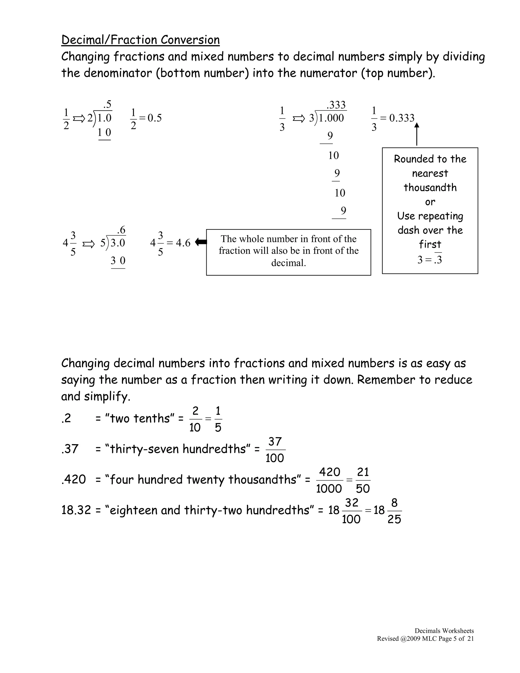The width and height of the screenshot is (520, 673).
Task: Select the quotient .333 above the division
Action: (x=336, y=105)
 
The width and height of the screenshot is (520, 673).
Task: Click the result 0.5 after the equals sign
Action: (x=154, y=118)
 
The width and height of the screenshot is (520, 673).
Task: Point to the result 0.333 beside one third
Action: (x=402, y=118)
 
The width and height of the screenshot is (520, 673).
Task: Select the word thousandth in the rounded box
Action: (x=430, y=188)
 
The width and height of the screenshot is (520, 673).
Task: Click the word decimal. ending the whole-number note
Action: (x=288, y=263)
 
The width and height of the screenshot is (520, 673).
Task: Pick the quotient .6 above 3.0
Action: (x=121, y=230)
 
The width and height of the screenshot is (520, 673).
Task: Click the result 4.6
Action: (x=183, y=243)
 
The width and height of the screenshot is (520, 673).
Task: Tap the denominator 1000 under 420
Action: (x=329, y=489)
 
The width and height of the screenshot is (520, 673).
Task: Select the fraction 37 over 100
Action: (x=275, y=450)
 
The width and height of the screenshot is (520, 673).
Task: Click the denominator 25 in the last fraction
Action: (x=394, y=520)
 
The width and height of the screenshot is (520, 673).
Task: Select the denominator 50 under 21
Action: (x=363, y=489)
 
